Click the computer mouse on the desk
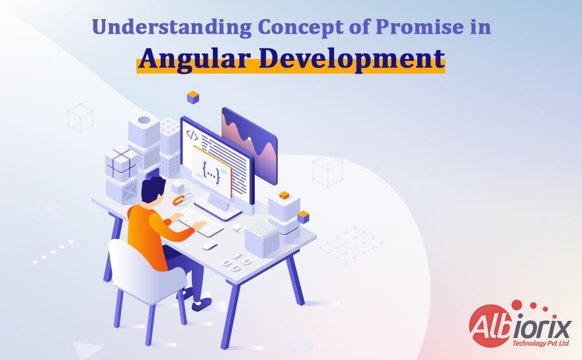click(210, 245)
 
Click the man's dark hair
click(153, 190)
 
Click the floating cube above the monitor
click(193, 97)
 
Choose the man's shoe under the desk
click(200, 303)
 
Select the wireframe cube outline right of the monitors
click(327, 171)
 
